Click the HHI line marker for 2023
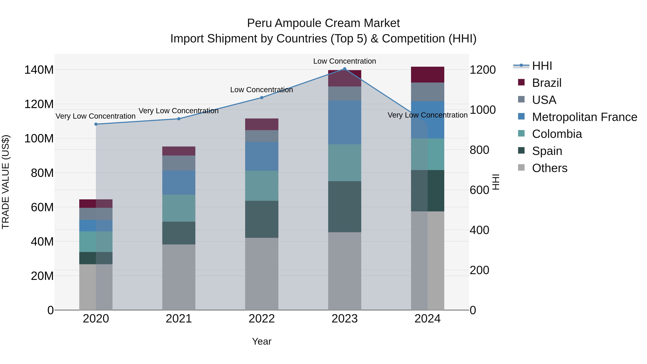[x=345, y=69]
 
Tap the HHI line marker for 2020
[x=96, y=124]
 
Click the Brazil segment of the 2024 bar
[x=428, y=75]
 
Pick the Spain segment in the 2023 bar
[x=345, y=207]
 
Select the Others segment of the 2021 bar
[x=179, y=277]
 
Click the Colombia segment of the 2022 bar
[x=261, y=186]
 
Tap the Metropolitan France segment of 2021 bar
[x=179, y=182]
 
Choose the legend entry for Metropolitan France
[x=584, y=117]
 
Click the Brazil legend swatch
[x=521, y=82]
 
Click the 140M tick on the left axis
[x=39, y=70]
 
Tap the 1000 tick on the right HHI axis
[x=483, y=110]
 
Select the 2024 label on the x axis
[x=428, y=319]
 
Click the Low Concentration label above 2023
[x=344, y=61]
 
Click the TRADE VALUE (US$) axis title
[x=6, y=182]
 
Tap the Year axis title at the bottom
[x=261, y=341]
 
